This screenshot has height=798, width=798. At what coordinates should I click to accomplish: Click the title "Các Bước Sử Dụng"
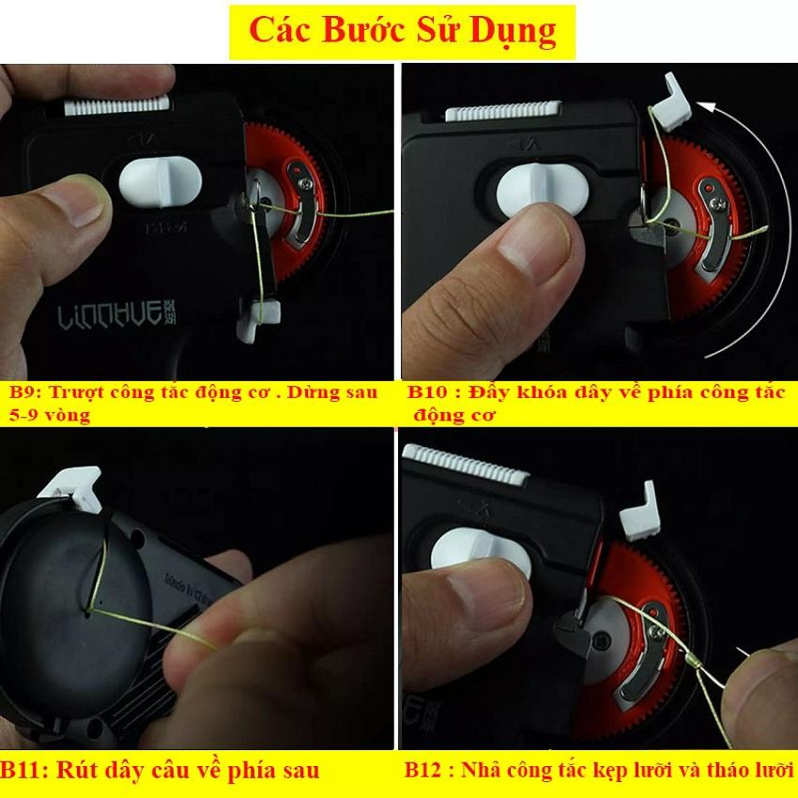[403, 31]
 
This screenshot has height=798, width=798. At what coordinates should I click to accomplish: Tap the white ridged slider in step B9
[117, 105]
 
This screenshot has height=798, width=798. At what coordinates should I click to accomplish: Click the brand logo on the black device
[117, 315]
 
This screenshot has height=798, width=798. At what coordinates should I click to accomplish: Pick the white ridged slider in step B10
[503, 111]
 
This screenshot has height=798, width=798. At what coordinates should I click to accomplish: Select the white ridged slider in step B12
[467, 464]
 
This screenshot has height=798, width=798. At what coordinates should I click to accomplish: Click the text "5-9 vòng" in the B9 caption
[50, 415]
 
